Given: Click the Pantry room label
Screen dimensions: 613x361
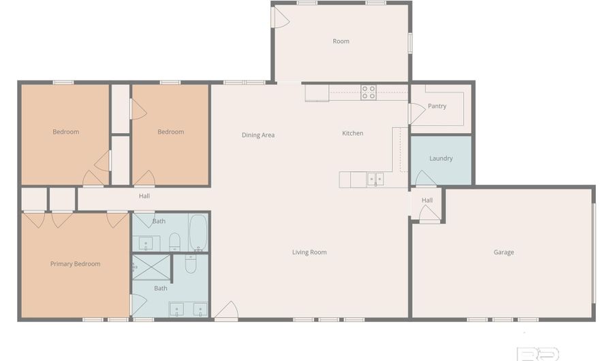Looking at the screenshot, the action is (x=437, y=106).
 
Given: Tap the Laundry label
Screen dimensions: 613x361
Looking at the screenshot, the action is (x=441, y=158).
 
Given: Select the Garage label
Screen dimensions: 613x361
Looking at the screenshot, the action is (x=503, y=252).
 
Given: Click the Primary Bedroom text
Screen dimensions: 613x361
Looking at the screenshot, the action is (x=75, y=264).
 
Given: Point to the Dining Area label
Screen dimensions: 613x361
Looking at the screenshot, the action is (x=258, y=135).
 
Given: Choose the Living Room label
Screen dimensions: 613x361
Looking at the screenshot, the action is (x=309, y=252).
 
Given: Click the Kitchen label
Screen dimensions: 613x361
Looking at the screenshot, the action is (x=353, y=133).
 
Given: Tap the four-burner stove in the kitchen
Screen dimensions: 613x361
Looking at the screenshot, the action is (x=368, y=92).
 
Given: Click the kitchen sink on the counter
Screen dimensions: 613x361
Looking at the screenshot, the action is (x=375, y=179).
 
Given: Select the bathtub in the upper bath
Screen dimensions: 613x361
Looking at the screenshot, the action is (x=198, y=232).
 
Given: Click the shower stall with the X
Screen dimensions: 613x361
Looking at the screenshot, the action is (x=151, y=268).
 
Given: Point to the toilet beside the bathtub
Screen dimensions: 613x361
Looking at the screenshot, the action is (x=174, y=242).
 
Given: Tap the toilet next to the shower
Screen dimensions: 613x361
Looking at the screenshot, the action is (x=191, y=263).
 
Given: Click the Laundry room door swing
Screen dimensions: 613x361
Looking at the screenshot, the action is (x=425, y=178).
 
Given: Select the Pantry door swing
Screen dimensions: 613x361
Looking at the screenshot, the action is (x=417, y=113).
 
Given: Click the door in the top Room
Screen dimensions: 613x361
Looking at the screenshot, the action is (x=281, y=18).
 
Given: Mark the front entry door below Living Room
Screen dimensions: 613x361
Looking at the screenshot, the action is (x=227, y=311).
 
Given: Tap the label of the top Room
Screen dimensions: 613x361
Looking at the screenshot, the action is (x=341, y=41).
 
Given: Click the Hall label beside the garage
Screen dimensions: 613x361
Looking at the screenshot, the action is (x=427, y=200).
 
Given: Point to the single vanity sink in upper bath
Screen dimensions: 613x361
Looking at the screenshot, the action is (x=146, y=243).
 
